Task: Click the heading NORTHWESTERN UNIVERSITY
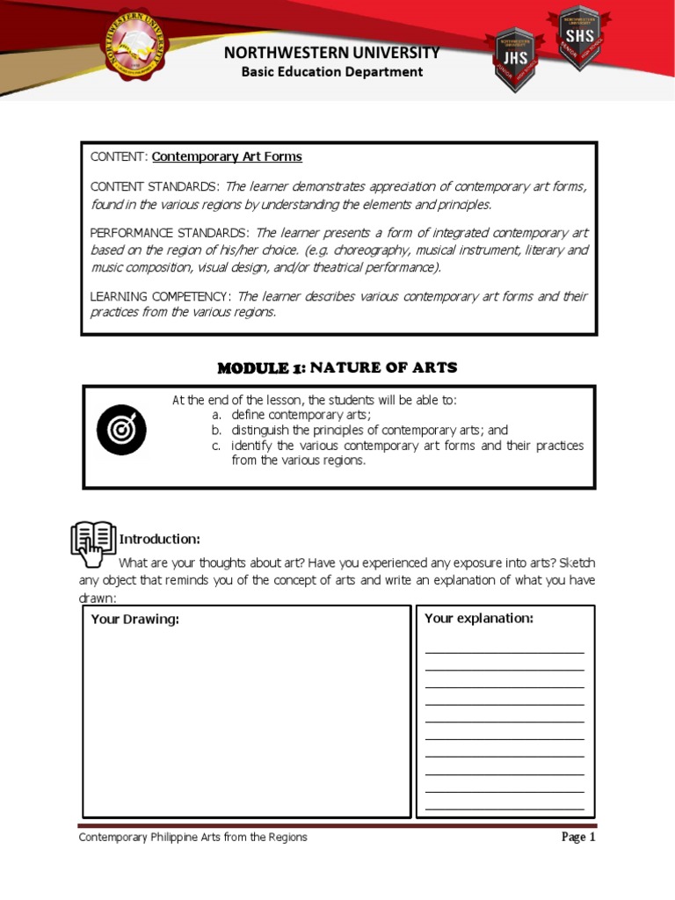(331, 53)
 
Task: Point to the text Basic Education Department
(332, 72)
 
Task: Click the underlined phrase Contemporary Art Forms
(227, 156)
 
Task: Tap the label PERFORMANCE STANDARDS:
(170, 233)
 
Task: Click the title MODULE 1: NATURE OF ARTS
(337, 367)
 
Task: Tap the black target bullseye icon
(121, 430)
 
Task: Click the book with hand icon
(93, 542)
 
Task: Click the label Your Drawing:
(134, 620)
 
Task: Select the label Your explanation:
(478, 619)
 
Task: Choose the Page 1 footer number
(578, 837)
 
